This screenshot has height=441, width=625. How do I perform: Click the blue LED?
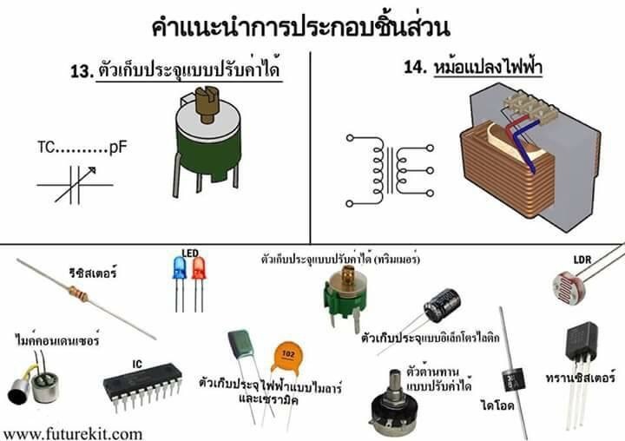pos(180,267)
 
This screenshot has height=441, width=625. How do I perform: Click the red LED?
pos(199,267)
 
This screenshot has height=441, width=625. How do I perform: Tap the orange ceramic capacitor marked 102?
pos(287,358)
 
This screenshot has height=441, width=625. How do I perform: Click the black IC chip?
pos(141,381)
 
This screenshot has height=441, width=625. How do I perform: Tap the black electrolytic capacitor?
pos(442,306)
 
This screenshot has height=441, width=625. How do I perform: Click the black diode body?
pos(513,379)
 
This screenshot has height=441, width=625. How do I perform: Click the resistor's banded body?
pos(78,294)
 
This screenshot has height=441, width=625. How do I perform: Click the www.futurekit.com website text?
pos(72,434)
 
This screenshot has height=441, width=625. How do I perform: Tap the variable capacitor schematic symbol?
pos(75,185)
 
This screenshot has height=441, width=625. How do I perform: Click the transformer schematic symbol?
pos(390,171)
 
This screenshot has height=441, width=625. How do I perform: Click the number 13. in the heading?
pos(82,72)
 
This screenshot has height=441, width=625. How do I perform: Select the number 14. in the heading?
pos(416,67)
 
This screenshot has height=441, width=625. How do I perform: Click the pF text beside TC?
pos(118,148)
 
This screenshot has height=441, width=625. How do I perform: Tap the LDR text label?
pos(582,260)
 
